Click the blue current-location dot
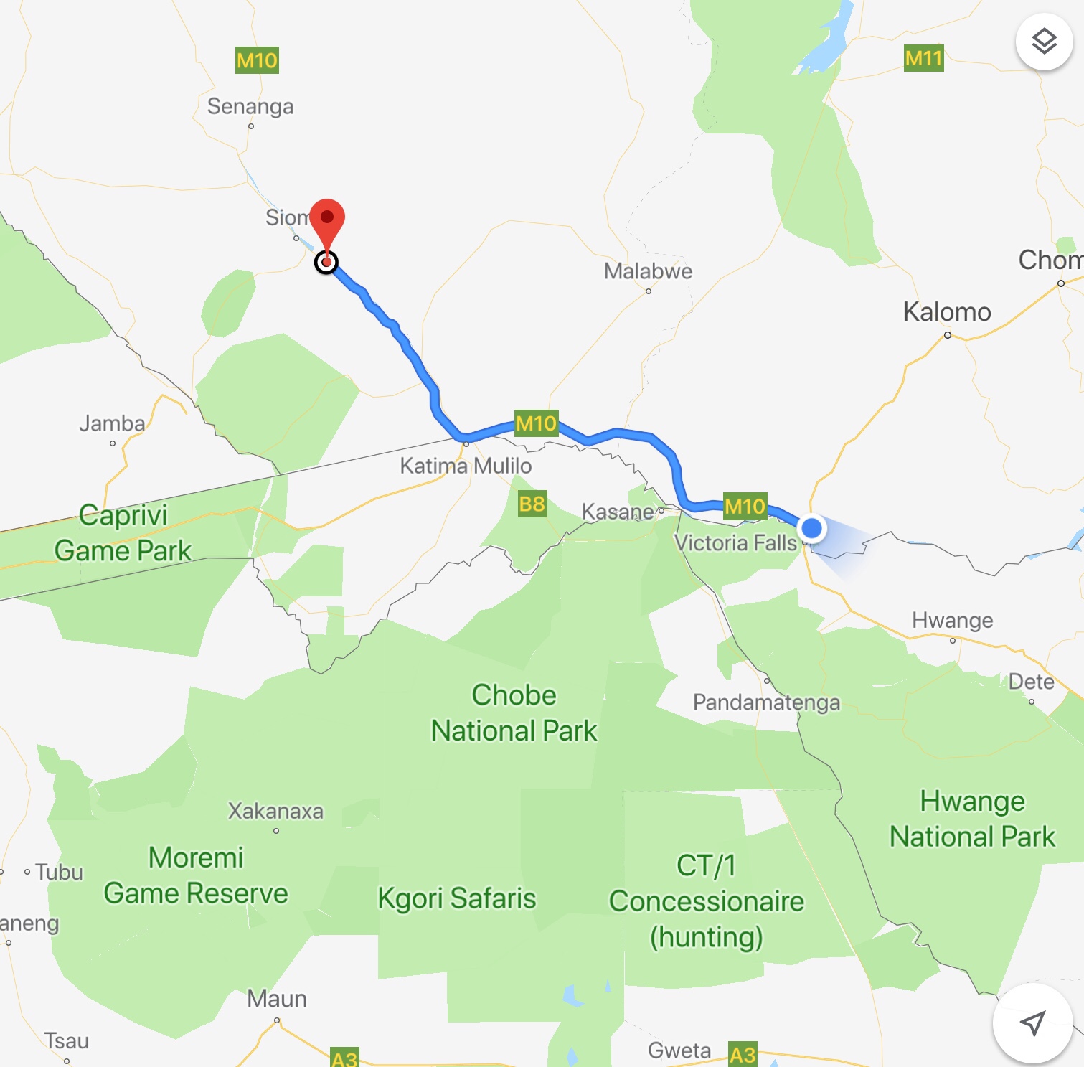811,528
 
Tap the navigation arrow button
1032,1023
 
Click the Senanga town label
250,106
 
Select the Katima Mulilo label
466,466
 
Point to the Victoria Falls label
735,542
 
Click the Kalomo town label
947,312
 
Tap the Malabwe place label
648,271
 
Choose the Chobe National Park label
514,713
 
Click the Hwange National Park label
972,819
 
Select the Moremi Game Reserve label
196,875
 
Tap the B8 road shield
532,504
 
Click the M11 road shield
923,58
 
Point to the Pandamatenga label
766,702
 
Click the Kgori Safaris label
457,898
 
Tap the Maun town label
277,999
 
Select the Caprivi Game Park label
123,532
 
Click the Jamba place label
112,423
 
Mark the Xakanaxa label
275,811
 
